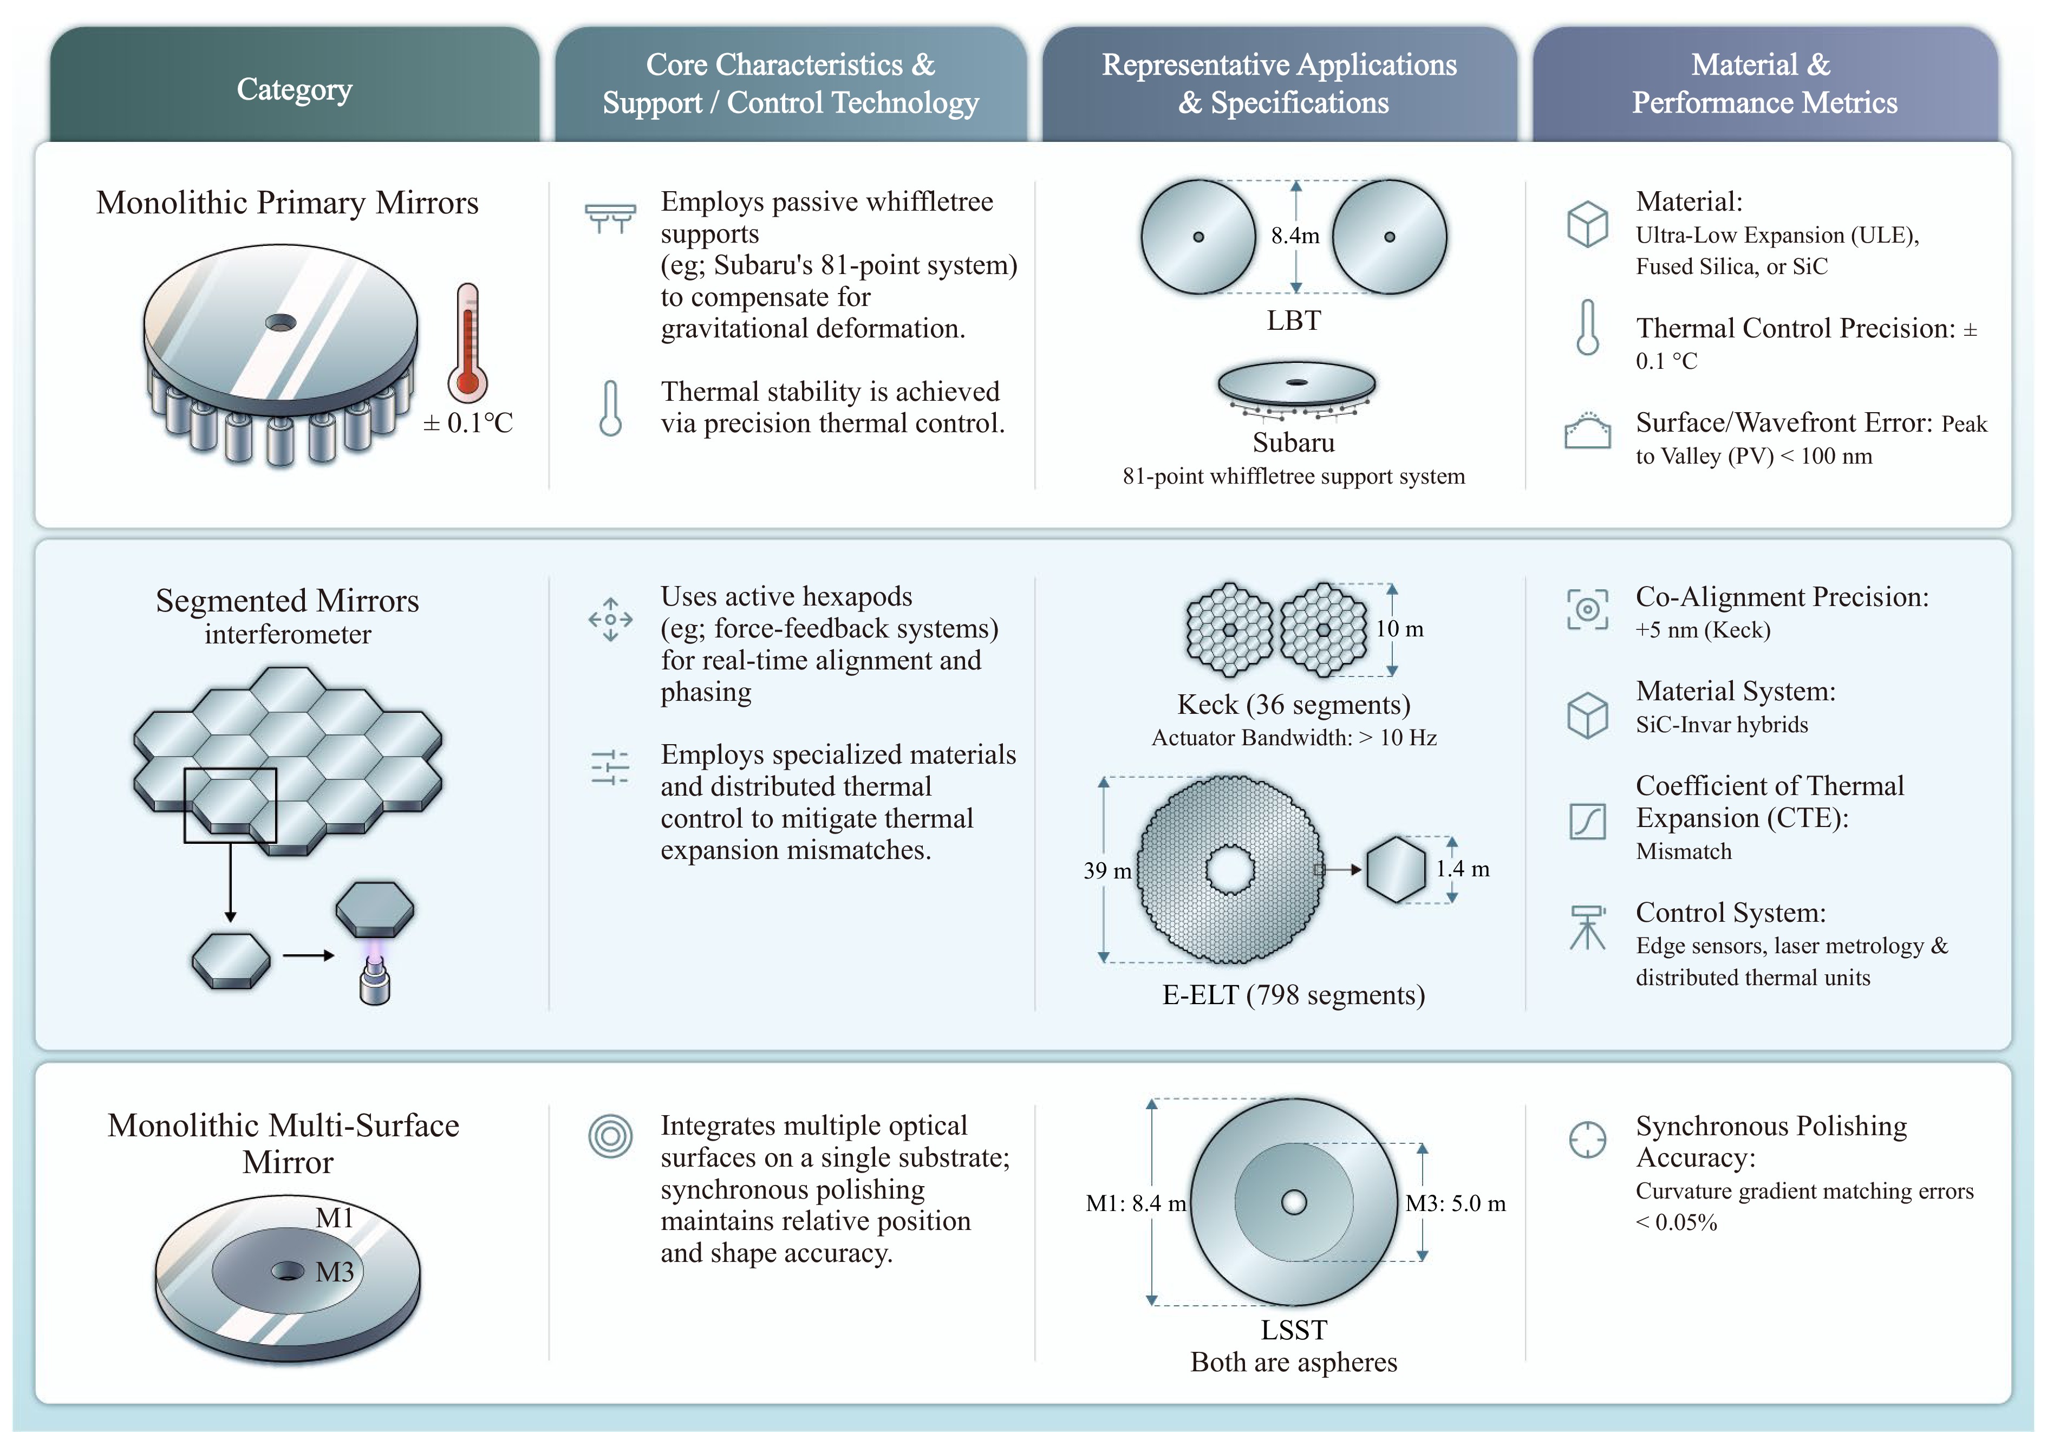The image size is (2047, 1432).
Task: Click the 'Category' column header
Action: click(x=294, y=89)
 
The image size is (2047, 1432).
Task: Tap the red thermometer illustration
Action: click(x=467, y=343)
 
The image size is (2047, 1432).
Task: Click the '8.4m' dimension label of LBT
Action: click(x=1295, y=236)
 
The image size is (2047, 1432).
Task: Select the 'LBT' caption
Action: click(x=1294, y=320)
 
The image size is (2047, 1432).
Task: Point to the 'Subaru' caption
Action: click(x=1294, y=442)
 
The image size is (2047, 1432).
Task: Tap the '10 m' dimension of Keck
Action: click(x=1400, y=629)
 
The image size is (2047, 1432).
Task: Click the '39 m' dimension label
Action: click(x=1107, y=870)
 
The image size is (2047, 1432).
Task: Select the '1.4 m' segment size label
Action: click(x=1462, y=869)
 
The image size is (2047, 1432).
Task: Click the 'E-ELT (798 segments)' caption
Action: click(x=1294, y=994)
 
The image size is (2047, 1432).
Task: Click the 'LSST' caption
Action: click(x=1294, y=1330)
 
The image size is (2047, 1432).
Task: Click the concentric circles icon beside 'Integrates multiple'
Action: click(x=611, y=1136)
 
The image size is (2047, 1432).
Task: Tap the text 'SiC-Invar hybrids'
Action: click(x=1722, y=724)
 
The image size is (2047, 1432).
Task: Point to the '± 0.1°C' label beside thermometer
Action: click(x=468, y=422)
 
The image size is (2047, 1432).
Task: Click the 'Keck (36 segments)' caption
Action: click(x=1294, y=705)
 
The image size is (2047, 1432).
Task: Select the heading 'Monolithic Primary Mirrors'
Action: click(x=287, y=203)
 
